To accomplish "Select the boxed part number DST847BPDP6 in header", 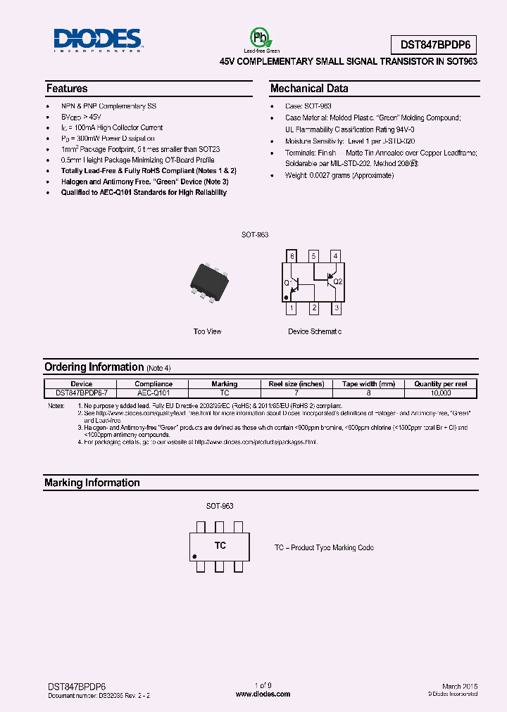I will pyautogui.click(x=434, y=44).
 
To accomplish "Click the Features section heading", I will pyautogui.click(x=67, y=89).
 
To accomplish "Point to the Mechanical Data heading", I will pyautogui.click(x=309, y=89).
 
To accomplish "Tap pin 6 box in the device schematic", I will pyautogui.click(x=292, y=256).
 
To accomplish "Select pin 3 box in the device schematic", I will pyautogui.click(x=337, y=308).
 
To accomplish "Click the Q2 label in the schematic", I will pyautogui.click(x=337, y=281).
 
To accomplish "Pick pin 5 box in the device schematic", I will pyautogui.click(x=314, y=256).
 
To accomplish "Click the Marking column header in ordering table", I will pyautogui.click(x=224, y=384).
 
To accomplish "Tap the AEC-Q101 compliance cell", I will pyautogui.click(x=153, y=393).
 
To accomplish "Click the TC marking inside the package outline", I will pyautogui.click(x=220, y=546).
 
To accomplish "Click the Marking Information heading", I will pyautogui.click(x=92, y=483).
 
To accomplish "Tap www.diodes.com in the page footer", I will pyautogui.click(x=263, y=694).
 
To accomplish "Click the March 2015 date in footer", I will pyautogui.click(x=460, y=686).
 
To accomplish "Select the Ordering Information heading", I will pyautogui.click(x=94, y=367).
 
